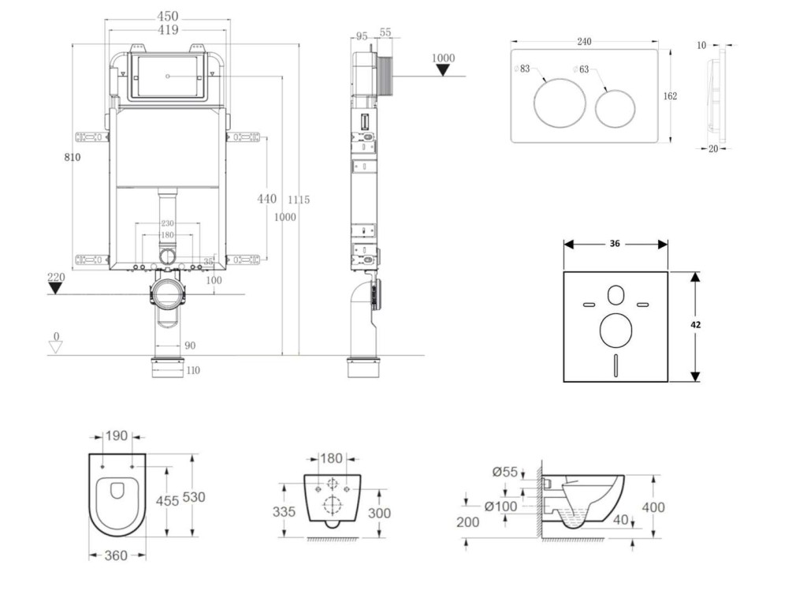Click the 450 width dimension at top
point(167,16)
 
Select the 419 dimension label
point(167,30)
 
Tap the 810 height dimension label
point(72,157)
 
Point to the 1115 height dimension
point(299,200)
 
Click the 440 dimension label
point(267,199)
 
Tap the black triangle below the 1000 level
point(444,70)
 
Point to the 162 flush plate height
point(670,96)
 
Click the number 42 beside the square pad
point(696,324)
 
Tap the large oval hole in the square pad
point(615,331)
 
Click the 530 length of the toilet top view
point(194,497)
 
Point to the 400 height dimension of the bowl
point(653,507)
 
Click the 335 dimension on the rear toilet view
point(285,512)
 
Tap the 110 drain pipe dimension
point(193,371)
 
